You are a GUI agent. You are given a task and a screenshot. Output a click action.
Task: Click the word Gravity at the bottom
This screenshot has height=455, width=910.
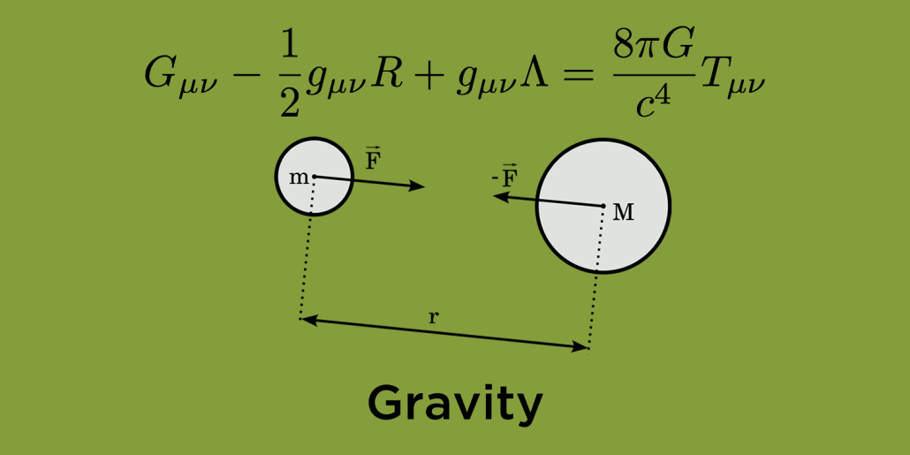[x=455, y=406]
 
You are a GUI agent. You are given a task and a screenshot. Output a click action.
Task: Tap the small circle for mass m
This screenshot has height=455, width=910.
[x=314, y=177]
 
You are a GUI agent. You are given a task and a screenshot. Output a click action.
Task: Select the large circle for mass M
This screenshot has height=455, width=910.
[x=603, y=206]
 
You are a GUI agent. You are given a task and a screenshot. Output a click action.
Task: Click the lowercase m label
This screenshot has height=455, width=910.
[x=299, y=178]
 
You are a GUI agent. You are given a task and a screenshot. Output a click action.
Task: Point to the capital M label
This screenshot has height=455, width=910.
[x=624, y=213]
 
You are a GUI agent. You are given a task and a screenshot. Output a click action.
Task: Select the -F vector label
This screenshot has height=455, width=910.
[x=504, y=177]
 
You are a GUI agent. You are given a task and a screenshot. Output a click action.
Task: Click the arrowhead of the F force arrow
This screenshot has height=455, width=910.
[x=418, y=186]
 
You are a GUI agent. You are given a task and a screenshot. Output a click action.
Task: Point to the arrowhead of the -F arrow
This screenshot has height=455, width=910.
[x=501, y=197]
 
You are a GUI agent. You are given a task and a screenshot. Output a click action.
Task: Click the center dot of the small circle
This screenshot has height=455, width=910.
[x=314, y=177]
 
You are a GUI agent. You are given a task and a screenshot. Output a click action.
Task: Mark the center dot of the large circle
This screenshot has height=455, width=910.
[x=603, y=206]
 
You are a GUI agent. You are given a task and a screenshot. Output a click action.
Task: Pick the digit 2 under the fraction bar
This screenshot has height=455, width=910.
[x=290, y=102]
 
